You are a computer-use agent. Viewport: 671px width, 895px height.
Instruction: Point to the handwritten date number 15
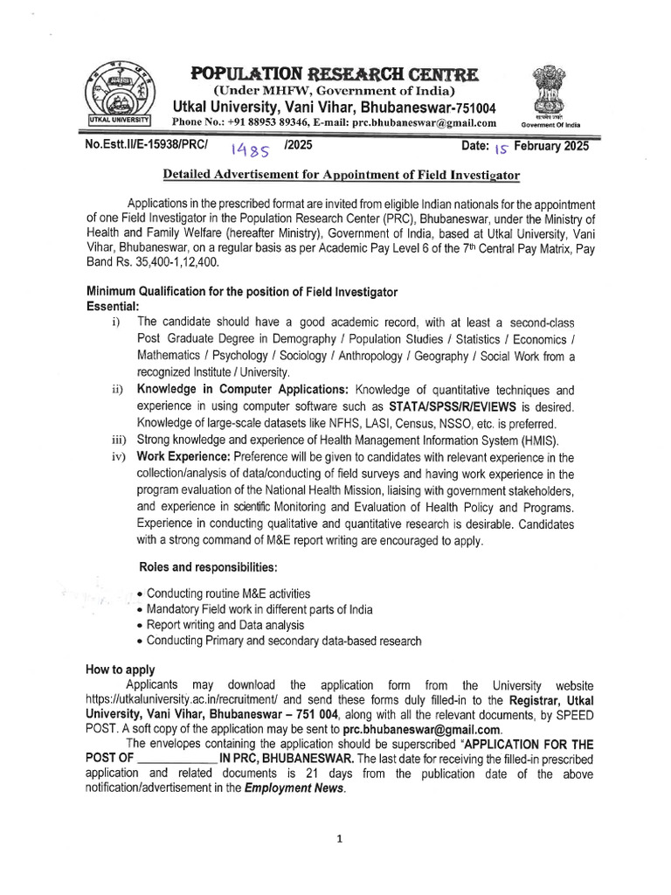coord(505,149)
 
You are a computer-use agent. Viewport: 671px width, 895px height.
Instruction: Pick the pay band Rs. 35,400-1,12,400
coord(153,261)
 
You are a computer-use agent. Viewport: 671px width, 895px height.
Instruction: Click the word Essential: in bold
coord(113,306)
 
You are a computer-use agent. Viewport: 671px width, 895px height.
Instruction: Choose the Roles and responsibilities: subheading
coord(208,566)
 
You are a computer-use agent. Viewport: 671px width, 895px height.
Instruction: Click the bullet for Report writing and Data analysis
coord(142,626)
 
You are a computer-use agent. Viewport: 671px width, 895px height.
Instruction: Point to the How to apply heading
coord(120,670)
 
